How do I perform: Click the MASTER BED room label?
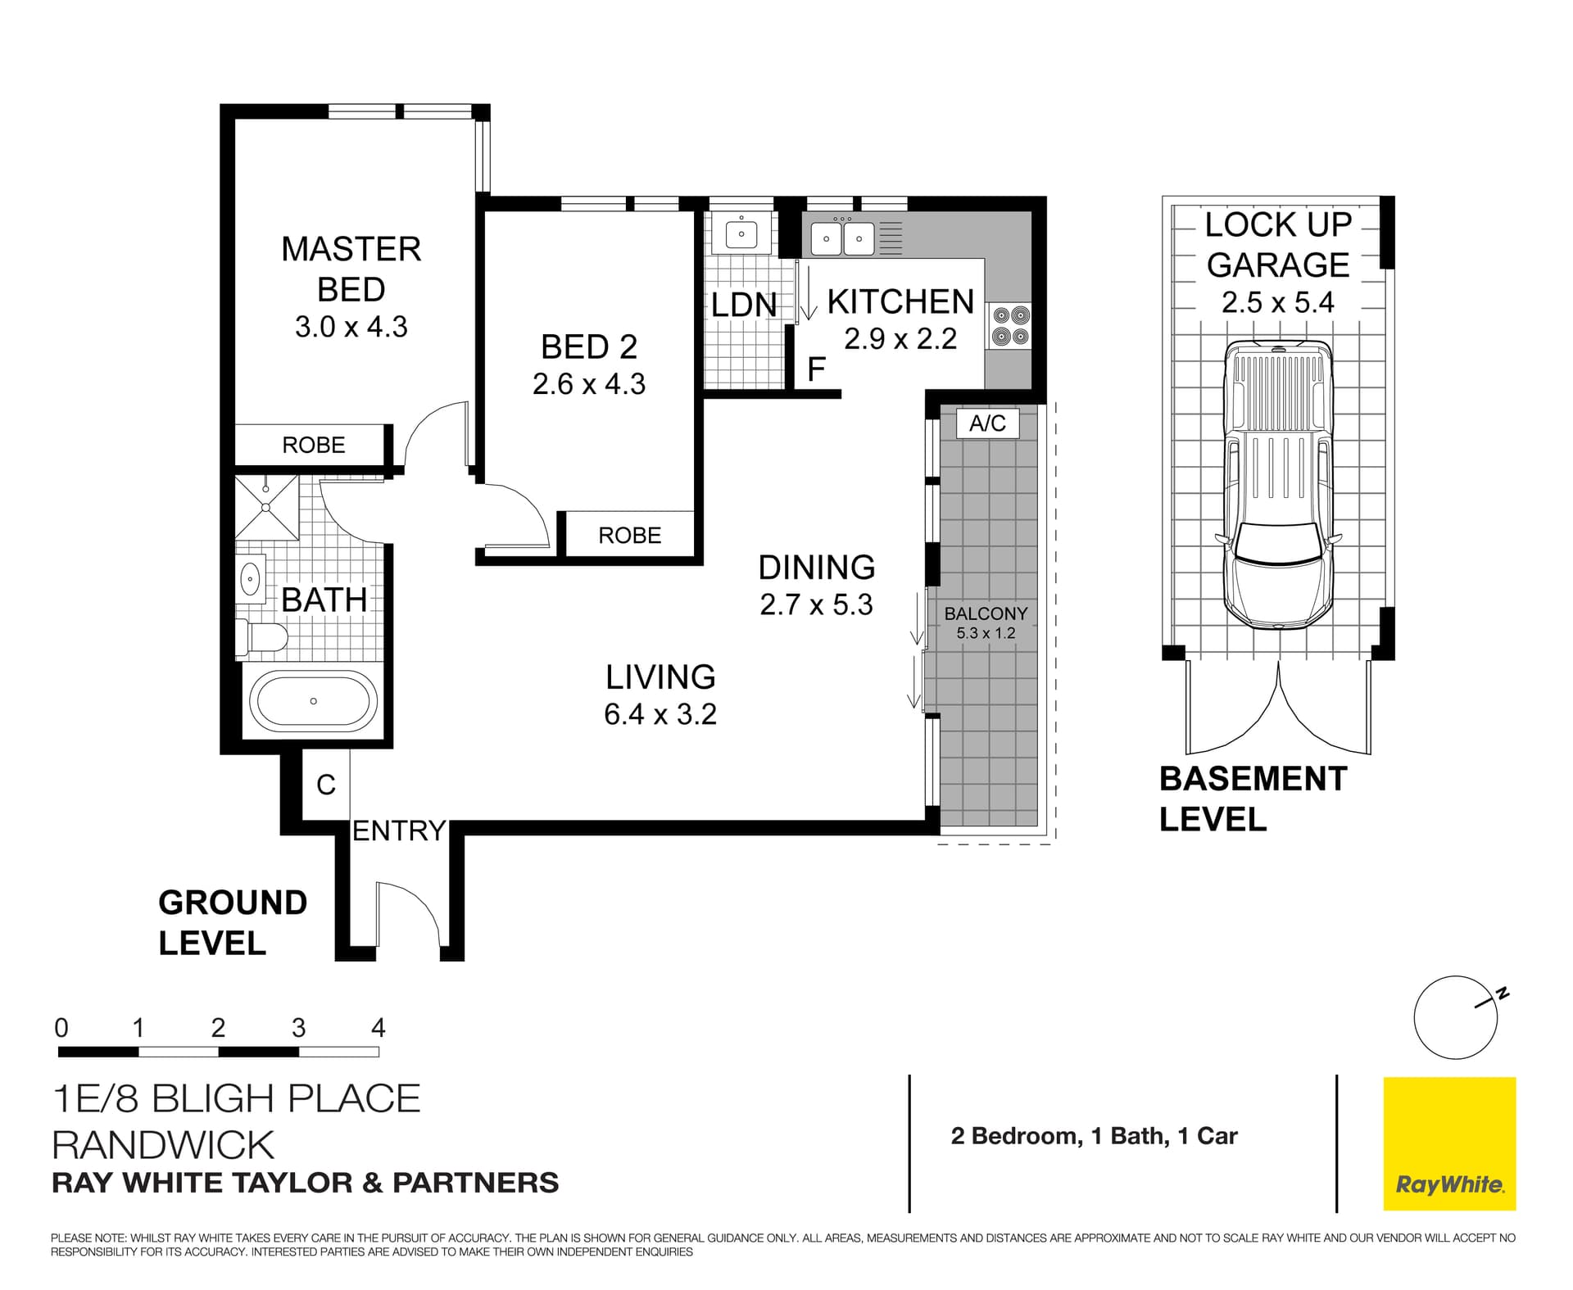pos(351,269)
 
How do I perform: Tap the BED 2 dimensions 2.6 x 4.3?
pos(588,384)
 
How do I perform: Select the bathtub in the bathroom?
pos(313,701)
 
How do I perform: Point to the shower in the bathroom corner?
pos(267,507)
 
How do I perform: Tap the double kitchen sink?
pos(842,239)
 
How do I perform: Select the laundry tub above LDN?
pos(741,234)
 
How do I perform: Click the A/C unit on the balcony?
pos(987,423)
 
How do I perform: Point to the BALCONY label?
pos(986,613)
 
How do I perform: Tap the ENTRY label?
pos(398,831)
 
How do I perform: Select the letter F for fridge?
pos(816,369)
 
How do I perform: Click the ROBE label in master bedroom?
pos(313,445)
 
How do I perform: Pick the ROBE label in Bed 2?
pos(629,536)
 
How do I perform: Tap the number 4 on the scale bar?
pos(378,1028)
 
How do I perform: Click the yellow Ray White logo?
pos(1449,1143)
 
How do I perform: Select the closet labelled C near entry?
pos(326,785)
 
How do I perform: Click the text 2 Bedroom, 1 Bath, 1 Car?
pos(1094,1136)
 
